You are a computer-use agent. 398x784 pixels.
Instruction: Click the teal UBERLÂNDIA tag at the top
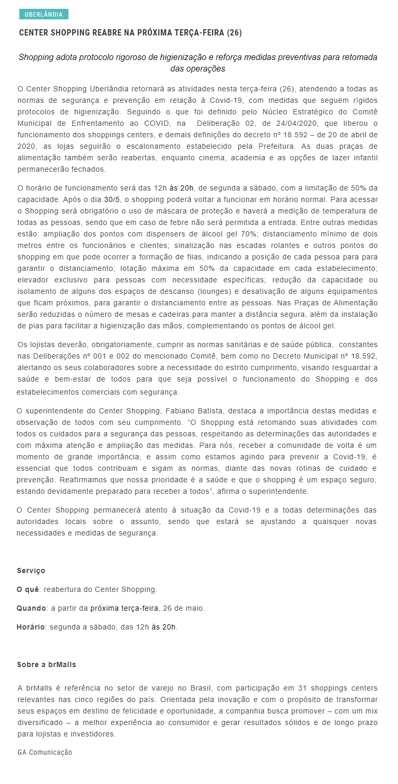[x=43, y=15]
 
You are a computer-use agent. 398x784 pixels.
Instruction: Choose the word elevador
[x=33, y=280]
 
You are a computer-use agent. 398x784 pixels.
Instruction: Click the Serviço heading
[x=31, y=571]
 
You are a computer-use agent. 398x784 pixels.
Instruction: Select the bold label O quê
[x=28, y=590]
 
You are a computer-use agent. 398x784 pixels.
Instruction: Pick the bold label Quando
[x=31, y=609]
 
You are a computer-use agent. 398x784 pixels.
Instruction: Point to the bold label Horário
[x=31, y=627]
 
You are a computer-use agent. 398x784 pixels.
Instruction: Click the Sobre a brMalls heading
[x=46, y=665]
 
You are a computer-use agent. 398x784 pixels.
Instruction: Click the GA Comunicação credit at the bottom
[x=45, y=753]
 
